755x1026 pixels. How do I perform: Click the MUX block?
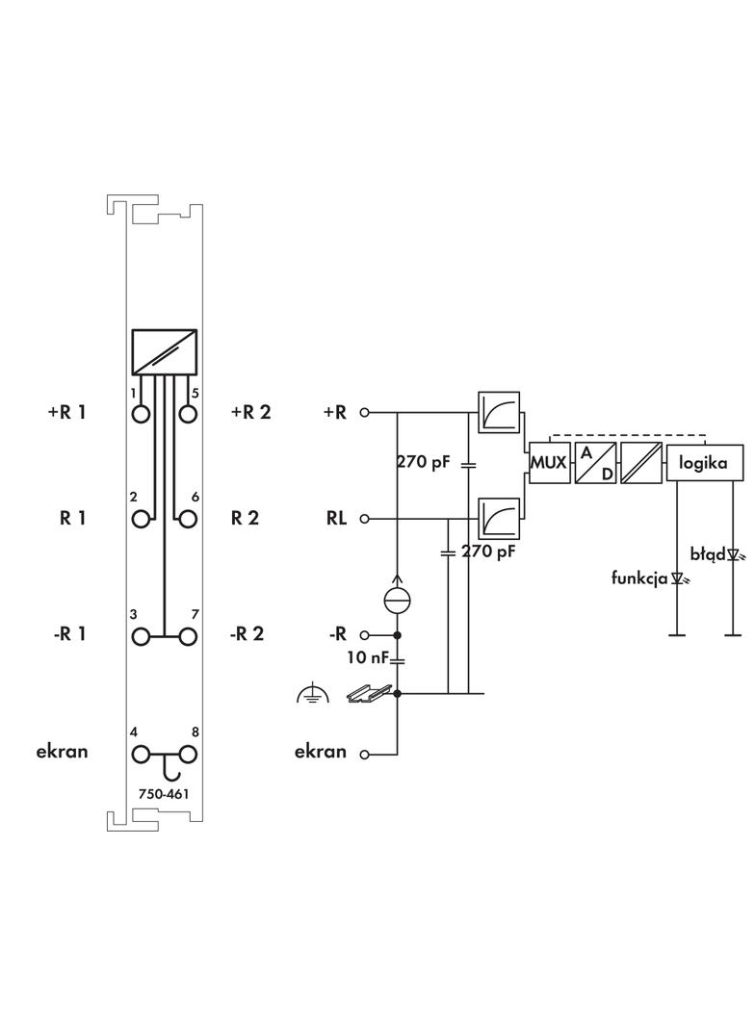tap(549, 463)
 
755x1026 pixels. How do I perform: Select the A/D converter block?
tap(596, 463)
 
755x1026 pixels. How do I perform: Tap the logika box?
tap(706, 463)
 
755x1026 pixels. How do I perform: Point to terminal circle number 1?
tap(143, 414)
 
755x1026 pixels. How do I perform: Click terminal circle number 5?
tap(188, 414)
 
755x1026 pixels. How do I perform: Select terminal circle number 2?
tap(143, 519)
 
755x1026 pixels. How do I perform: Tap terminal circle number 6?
tap(188, 519)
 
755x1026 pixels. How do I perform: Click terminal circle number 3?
tap(143, 636)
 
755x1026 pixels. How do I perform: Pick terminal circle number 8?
tap(188, 754)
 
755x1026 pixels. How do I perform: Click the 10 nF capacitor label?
tap(367, 658)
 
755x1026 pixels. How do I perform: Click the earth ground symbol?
tap(308, 691)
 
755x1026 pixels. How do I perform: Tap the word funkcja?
tap(640, 578)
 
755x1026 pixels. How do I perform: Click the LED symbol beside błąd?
tap(734, 554)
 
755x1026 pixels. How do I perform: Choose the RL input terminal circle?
tap(365, 519)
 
